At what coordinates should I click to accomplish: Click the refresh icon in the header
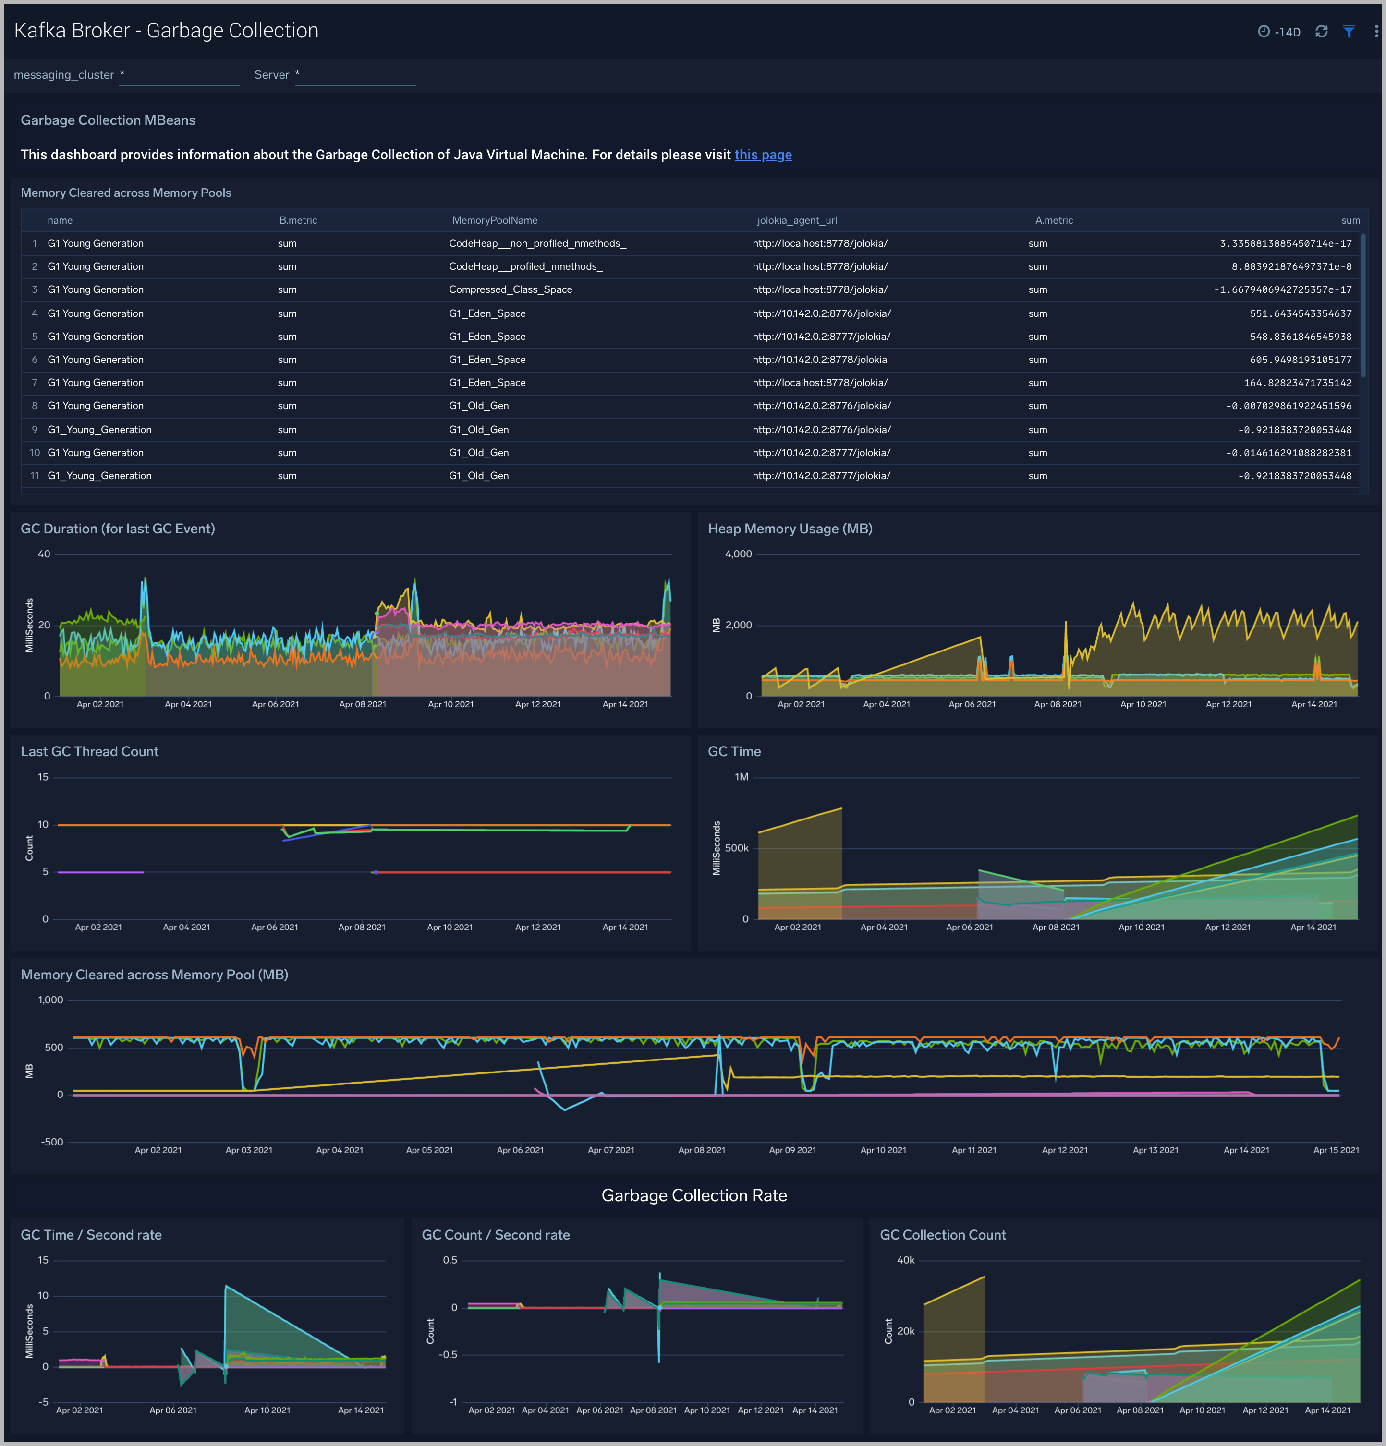[1321, 32]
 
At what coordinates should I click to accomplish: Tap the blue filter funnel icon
[1349, 32]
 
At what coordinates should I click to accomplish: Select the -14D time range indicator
[1280, 32]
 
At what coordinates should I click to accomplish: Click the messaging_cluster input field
[179, 75]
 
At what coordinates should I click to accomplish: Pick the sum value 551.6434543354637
[1301, 313]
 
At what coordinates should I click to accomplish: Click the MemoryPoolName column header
[495, 220]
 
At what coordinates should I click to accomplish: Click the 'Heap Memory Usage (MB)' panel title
[790, 529]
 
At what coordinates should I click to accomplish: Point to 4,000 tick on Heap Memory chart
[738, 554]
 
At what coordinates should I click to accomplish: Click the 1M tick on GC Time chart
[741, 777]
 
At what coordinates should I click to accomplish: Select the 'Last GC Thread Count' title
[89, 752]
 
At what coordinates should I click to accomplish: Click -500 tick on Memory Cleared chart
[52, 1142]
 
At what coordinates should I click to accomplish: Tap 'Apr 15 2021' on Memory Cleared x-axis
[1336, 1150]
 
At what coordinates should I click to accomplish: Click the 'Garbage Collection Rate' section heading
[694, 1196]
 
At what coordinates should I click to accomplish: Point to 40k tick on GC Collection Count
[906, 1260]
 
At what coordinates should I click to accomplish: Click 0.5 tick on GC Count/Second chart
[450, 1260]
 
